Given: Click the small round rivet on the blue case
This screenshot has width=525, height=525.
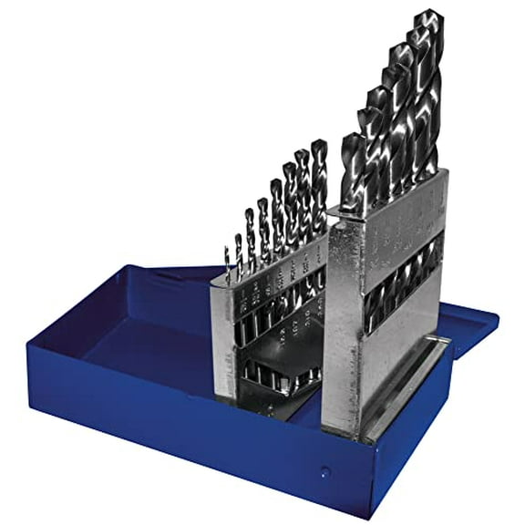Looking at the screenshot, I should coord(326,471).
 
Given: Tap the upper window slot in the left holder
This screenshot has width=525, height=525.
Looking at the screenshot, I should coord(273,301).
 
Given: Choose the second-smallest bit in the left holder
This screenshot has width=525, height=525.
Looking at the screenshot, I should coord(238,255).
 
